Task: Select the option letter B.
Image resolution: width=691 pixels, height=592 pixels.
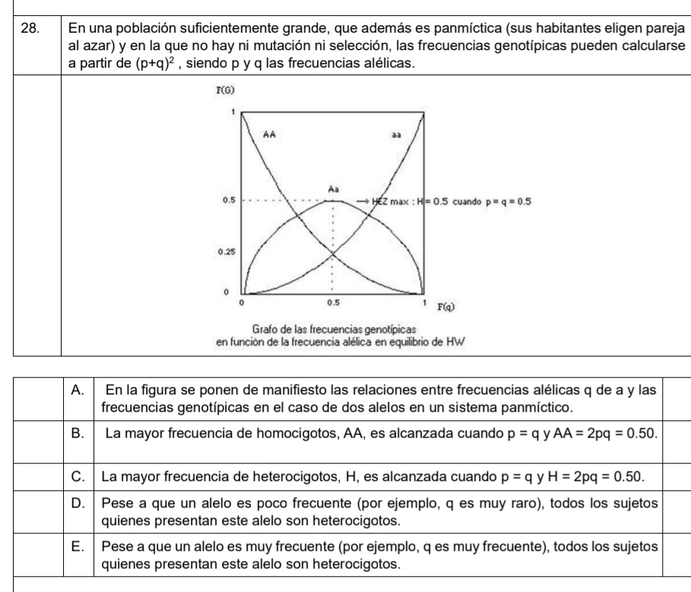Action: pos(76,434)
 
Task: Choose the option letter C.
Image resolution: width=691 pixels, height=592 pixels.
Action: pos(76,476)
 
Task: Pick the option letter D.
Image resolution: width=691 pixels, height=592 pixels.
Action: pos(76,505)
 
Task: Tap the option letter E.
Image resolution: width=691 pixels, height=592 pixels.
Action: pos(76,548)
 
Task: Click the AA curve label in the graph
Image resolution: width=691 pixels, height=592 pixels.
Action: pos(269,134)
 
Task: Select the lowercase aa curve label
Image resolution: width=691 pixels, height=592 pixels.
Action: pos(396,135)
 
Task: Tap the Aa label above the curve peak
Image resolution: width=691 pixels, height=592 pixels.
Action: pos(332,186)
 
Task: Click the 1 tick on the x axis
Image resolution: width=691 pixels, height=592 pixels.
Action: pos(423,303)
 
